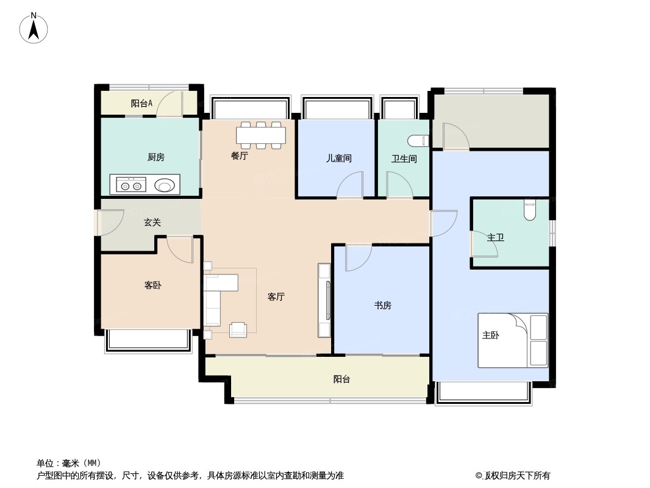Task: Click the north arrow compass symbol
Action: point(34,28)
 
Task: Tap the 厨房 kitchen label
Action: point(156,157)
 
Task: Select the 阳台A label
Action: point(141,104)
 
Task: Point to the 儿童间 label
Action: point(338,159)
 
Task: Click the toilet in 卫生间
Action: point(420,141)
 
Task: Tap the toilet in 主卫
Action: point(529,210)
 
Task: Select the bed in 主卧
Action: point(512,340)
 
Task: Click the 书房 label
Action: point(382,306)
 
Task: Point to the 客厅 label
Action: point(276,297)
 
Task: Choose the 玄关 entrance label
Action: point(152,223)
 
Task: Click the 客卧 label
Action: point(153,285)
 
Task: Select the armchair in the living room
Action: point(238,329)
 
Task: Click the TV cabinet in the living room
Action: point(324,300)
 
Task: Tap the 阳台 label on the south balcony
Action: point(341,379)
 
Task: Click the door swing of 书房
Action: point(357,257)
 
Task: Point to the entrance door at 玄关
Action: point(109,222)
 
